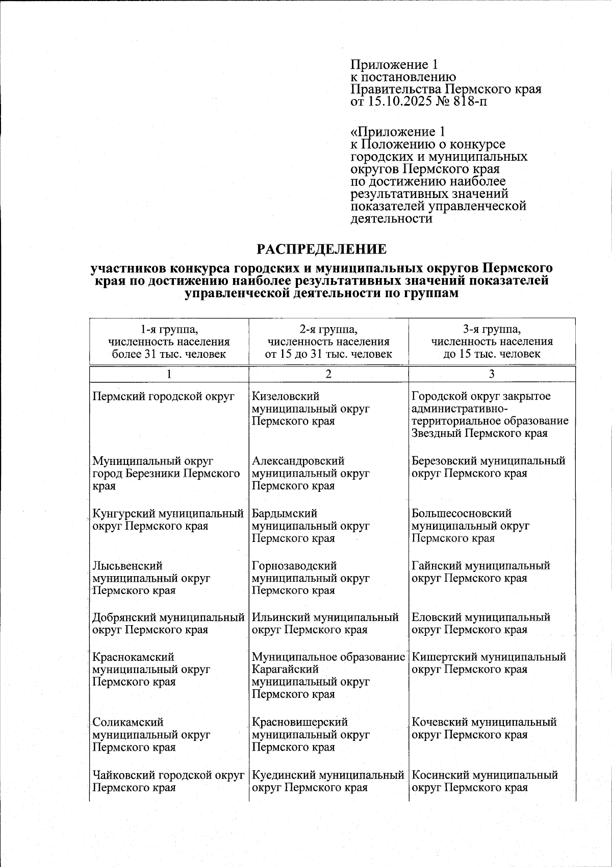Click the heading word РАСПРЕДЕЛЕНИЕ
[321, 249]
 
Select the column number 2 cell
[328, 374]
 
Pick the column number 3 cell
[492, 374]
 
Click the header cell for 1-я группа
[169, 341]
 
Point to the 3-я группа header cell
[492, 341]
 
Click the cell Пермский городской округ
[163, 397]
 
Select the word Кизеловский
[286, 397]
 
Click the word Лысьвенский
[127, 566]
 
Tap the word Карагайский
[285, 669]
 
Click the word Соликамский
[128, 722]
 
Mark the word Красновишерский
[300, 722]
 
